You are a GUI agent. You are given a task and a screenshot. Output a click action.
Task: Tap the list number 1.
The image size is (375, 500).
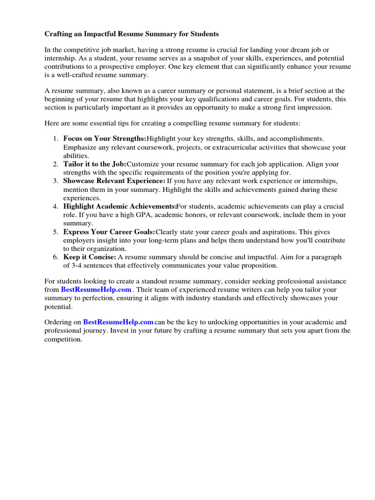pos(55,139)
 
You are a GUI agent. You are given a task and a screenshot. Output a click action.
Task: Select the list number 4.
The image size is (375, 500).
pos(55,206)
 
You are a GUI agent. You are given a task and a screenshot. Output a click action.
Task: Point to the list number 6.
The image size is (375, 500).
pos(55,257)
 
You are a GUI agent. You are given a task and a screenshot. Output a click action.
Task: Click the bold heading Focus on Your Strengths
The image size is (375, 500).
pos(104,139)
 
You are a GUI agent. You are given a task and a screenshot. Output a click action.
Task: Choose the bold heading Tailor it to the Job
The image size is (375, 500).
pos(95,164)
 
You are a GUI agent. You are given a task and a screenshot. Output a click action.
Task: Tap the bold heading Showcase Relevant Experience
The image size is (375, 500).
pos(114,181)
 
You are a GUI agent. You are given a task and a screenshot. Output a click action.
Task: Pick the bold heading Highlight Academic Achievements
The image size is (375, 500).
pos(120,206)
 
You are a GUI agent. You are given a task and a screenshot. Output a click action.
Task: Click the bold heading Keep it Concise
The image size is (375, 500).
pos(89,257)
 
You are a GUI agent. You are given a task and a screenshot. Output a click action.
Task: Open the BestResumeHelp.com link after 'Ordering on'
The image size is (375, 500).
pos(118,322)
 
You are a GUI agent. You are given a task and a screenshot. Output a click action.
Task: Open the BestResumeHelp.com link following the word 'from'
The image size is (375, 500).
pos(96,290)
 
